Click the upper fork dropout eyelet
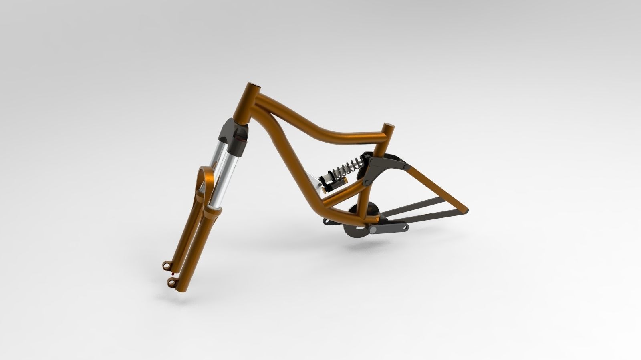click(x=166, y=265)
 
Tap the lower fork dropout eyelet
click(x=172, y=282)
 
